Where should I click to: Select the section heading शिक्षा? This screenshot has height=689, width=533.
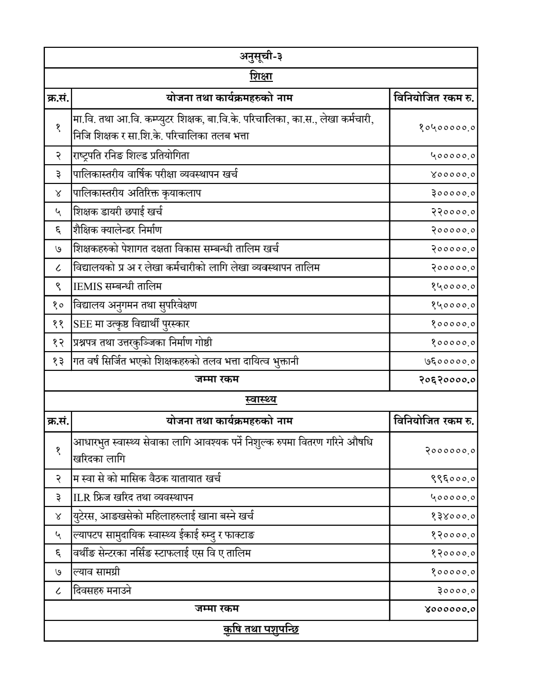pos(261,76)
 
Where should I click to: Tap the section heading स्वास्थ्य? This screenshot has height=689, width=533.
pos(261,399)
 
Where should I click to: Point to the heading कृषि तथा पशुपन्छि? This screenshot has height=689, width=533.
pos(261,630)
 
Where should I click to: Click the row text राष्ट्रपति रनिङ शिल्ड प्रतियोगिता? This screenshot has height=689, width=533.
pos(131,155)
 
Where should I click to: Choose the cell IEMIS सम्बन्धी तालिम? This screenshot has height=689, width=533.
pos(117,286)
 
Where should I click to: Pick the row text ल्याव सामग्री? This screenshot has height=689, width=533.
pos(97,572)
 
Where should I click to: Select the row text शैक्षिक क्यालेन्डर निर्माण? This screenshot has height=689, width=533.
pos(117,230)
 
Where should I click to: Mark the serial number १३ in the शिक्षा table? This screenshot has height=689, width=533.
pos(58,362)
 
